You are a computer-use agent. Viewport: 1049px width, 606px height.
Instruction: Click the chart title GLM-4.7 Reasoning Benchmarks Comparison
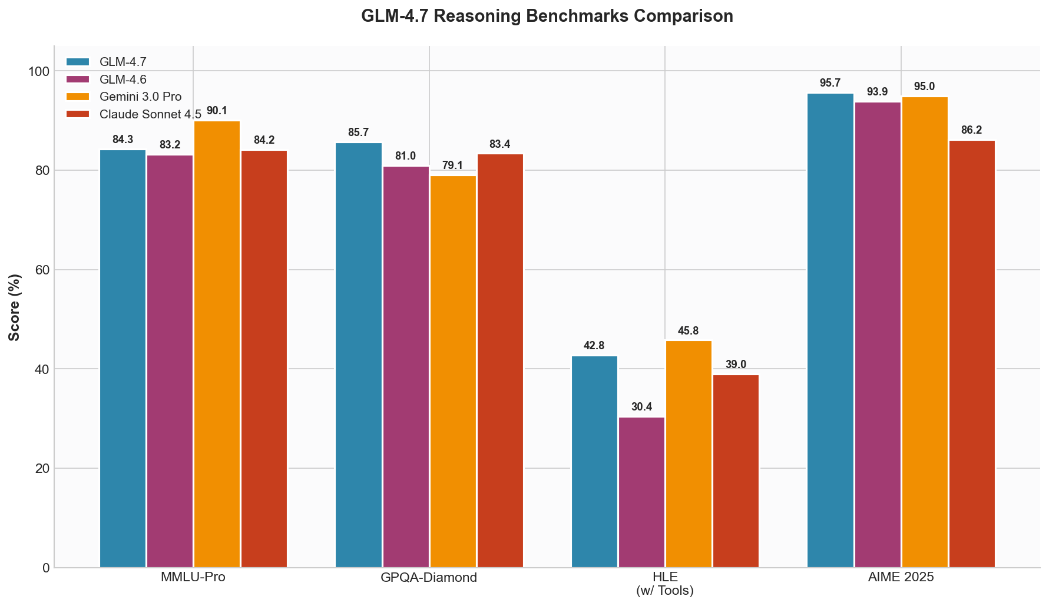pyautogui.click(x=547, y=16)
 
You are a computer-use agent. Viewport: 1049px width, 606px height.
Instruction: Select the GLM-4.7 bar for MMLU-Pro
pyautogui.click(x=123, y=359)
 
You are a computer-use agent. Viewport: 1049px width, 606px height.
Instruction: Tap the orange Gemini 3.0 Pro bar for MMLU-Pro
pyautogui.click(x=217, y=345)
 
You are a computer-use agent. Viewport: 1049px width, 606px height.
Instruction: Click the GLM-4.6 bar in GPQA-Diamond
pyautogui.click(x=406, y=367)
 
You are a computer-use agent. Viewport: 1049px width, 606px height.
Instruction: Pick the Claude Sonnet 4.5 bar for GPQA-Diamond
pyautogui.click(x=500, y=361)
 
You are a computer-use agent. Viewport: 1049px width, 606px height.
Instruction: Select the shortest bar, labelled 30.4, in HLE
pyautogui.click(x=641, y=492)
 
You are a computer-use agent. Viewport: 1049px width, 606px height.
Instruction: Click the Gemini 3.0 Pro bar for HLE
pyautogui.click(x=689, y=454)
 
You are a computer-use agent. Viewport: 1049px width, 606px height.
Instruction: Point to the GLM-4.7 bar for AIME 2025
pyautogui.click(x=830, y=330)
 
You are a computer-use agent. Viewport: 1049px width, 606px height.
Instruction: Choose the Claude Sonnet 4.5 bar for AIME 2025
pyautogui.click(x=972, y=354)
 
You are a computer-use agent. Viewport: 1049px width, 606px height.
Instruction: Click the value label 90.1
pyautogui.click(x=217, y=111)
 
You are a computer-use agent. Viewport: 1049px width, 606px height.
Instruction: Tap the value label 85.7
pyautogui.click(x=358, y=133)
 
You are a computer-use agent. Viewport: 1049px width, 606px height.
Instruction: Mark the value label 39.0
pyautogui.click(x=736, y=365)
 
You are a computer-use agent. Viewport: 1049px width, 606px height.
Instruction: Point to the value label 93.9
pyautogui.click(x=877, y=92)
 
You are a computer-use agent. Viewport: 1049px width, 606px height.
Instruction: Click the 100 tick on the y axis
pyautogui.click(x=38, y=71)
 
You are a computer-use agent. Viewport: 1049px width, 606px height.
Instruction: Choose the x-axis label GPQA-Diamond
pyautogui.click(x=429, y=578)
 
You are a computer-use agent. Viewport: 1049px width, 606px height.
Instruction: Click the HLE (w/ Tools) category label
pyautogui.click(x=665, y=584)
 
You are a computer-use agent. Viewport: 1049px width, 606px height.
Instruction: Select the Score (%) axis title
pyautogui.click(x=15, y=307)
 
